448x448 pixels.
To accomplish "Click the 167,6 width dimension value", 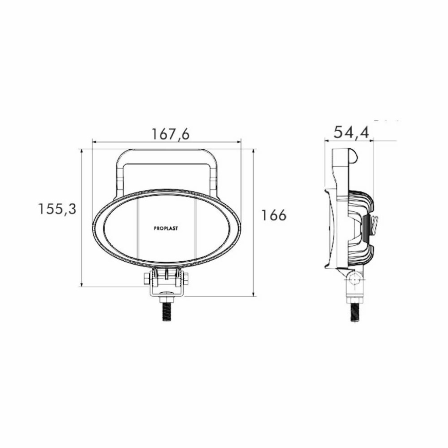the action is [170, 134].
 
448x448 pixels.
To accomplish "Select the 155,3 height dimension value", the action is [57, 209].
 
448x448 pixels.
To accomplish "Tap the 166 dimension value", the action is [274, 215].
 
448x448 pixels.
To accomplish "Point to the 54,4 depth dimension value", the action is [351, 132].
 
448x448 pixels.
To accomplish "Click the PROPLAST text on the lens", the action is [166, 228].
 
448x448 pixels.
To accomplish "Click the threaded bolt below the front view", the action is [166, 312].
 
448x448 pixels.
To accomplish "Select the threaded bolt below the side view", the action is [355, 312].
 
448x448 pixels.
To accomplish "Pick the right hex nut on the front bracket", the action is [185, 278].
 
